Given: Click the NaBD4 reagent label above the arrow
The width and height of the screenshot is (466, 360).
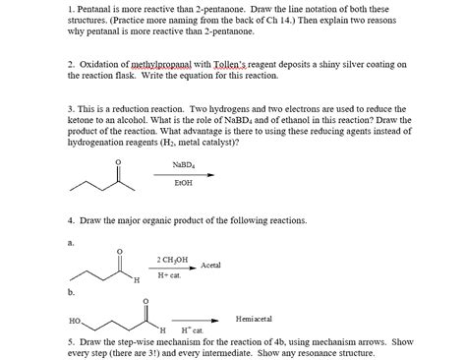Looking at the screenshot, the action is coord(182,164).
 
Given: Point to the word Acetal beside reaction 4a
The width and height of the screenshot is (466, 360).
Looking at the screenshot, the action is coord(211,266).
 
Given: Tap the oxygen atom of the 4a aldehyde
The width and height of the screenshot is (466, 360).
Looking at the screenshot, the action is coord(121,249).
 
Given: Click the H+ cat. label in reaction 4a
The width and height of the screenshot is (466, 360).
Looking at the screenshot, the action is coord(169,275).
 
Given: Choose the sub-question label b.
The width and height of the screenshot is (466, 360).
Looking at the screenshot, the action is coord(71,292).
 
